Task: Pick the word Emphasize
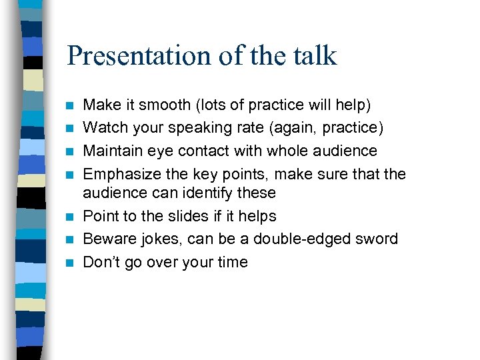click(117, 174)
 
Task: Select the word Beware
click(107, 239)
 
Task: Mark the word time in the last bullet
click(233, 262)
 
